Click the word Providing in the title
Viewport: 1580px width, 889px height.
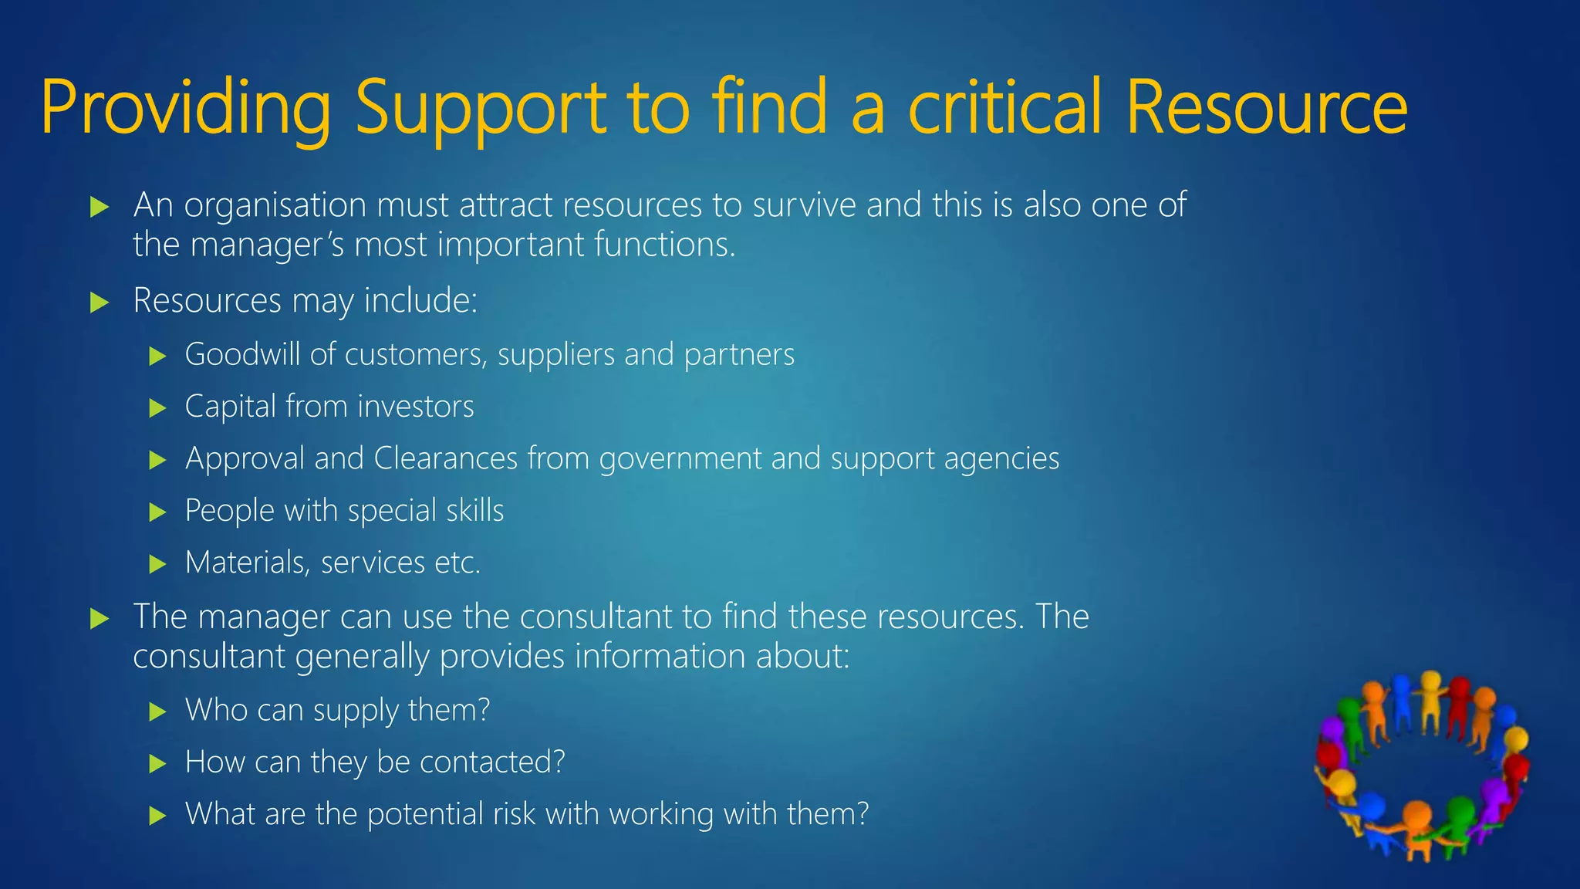[185, 108]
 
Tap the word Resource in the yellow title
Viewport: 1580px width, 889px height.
[1266, 108]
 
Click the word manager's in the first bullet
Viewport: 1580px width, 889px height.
[267, 245]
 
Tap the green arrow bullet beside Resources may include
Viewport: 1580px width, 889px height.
[100, 302]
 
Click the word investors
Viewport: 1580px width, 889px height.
[416, 407]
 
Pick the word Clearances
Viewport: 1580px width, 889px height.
[445, 458]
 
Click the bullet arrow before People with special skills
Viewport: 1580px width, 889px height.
[157, 512]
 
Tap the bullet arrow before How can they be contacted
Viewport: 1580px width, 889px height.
[157, 764]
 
